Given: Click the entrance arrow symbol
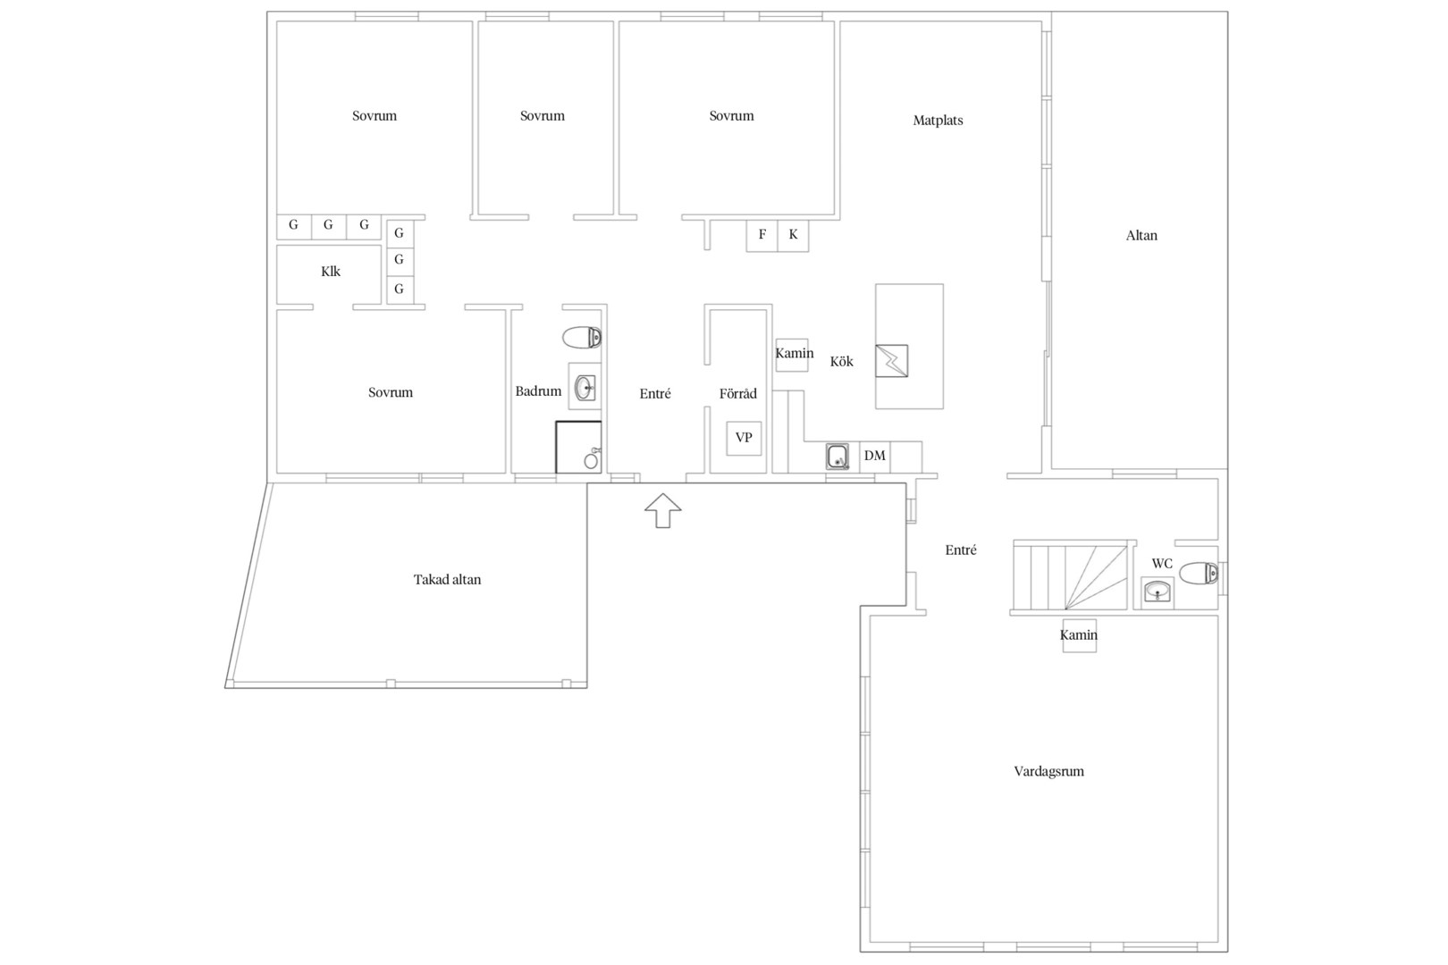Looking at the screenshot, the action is click(x=662, y=510).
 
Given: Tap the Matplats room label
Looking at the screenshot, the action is click(x=938, y=121).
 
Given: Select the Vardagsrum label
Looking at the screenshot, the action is click(x=1048, y=771).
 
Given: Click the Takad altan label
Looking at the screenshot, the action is click(x=447, y=580).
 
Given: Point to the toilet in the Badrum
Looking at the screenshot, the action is click(x=582, y=337).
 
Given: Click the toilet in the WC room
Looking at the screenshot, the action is click(x=1199, y=573).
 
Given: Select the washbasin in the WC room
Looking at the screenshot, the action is click(x=1158, y=592).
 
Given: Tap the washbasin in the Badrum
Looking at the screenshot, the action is click(x=585, y=388).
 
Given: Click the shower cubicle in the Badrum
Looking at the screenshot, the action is click(x=578, y=448).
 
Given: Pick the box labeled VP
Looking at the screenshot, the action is click(x=744, y=438).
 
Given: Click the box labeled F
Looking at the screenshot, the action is click(x=762, y=235).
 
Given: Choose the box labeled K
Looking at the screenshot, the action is click(x=793, y=235).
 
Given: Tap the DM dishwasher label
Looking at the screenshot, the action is click(x=875, y=456).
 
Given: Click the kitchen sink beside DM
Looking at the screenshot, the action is click(x=838, y=457).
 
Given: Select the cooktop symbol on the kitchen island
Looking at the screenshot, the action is click(x=891, y=361).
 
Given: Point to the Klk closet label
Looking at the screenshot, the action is click(x=331, y=272).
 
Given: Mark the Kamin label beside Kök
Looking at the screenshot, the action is click(x=795, y=353).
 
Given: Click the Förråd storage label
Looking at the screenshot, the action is click(x=737, y=394).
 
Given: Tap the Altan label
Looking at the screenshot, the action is click(x=1141, y=235).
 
